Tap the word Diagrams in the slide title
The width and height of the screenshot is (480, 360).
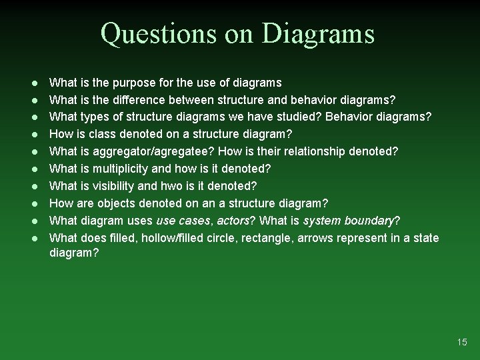[x=319, y=33]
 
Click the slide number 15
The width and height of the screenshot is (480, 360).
[x=462, y=342]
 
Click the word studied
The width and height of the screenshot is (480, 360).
[x=313, y=117]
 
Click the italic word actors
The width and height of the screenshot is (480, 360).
[x=232, y=221]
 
